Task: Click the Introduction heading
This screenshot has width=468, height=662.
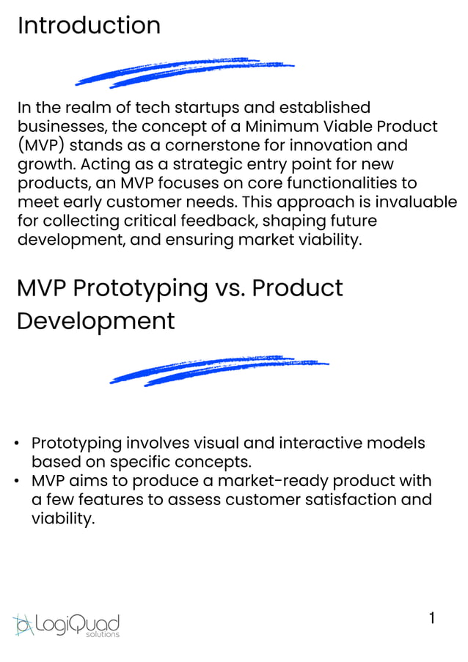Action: pos(89,26)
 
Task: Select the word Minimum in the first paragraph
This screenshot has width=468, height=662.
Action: pos(280,126)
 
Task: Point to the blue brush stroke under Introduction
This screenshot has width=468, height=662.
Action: pos(184,72)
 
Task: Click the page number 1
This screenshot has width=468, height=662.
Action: pos(432,618)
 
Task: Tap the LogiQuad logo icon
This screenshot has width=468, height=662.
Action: pos(23,624)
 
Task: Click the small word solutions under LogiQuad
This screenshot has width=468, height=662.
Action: pos(102,634)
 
